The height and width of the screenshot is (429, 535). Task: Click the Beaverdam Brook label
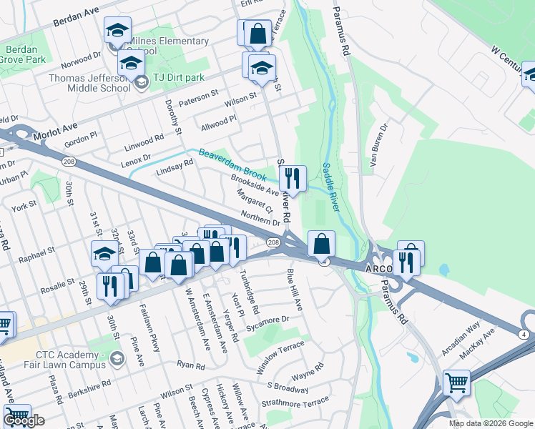(232, 163)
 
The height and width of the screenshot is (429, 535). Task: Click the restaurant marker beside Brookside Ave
(294, 179)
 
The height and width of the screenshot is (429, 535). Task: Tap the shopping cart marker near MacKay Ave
(456, 383)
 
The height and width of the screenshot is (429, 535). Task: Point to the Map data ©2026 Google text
(491, 423)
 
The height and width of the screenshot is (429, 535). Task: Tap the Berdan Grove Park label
(26, 55)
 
